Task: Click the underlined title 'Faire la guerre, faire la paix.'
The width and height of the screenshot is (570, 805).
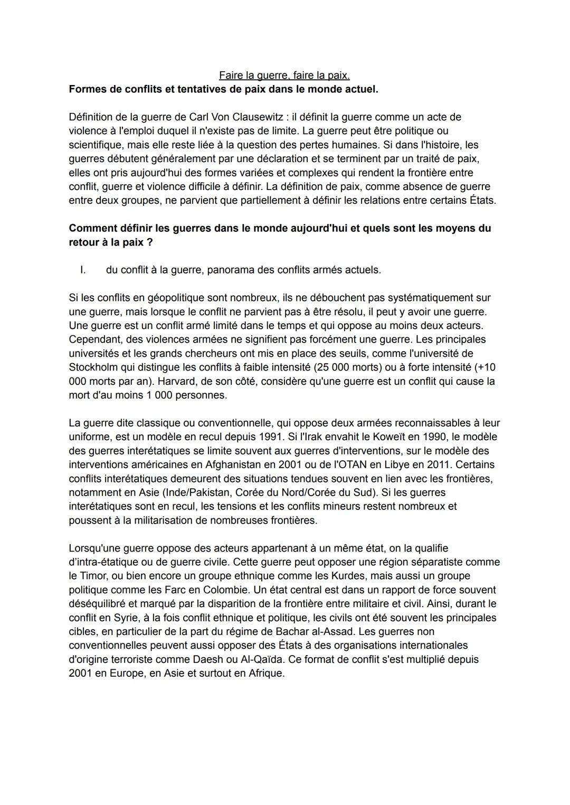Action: pos(284,75)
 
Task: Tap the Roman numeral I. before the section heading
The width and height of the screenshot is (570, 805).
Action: pos(83,270)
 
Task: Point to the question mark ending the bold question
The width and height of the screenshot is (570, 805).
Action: pos(149,242)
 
